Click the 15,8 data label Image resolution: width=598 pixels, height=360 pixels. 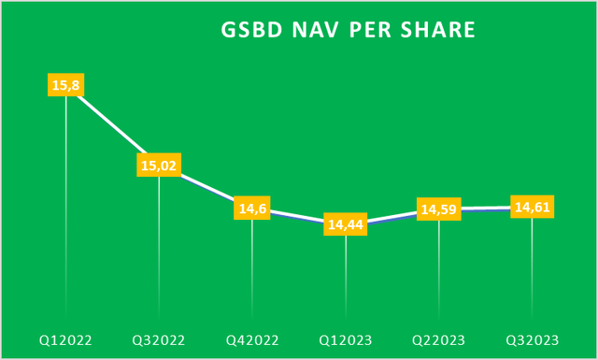(x=65, y=85)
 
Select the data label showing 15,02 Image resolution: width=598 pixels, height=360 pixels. (x=159, y=166)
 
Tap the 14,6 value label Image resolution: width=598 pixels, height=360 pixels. (x=252, y=209)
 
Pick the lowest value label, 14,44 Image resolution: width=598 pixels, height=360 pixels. (x=346, y=223)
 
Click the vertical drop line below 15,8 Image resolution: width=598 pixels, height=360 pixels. (x=65, y=206)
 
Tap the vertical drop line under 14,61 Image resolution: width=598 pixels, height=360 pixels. (x=532, y=271)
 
